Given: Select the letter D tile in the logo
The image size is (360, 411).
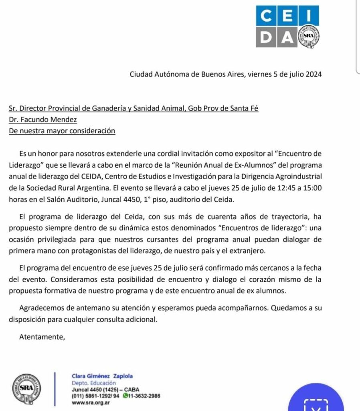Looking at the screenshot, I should (x=266, y=37).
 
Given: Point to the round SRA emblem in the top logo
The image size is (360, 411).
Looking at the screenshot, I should (x=308, y=37).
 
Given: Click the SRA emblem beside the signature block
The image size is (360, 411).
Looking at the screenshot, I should (x=27, y=388).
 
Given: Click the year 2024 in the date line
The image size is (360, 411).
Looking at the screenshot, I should (x=312, y=74).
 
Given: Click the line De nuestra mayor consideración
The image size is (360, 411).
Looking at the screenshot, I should (x=62, y=130).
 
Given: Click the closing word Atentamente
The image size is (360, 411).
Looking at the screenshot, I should (x=42, y=337).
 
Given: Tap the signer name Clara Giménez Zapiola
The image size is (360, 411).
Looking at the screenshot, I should (x=102, y=376).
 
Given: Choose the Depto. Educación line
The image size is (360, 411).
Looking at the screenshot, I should (x=91, y=383).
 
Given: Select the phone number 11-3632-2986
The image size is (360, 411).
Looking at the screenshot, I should (x=144, y=396).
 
